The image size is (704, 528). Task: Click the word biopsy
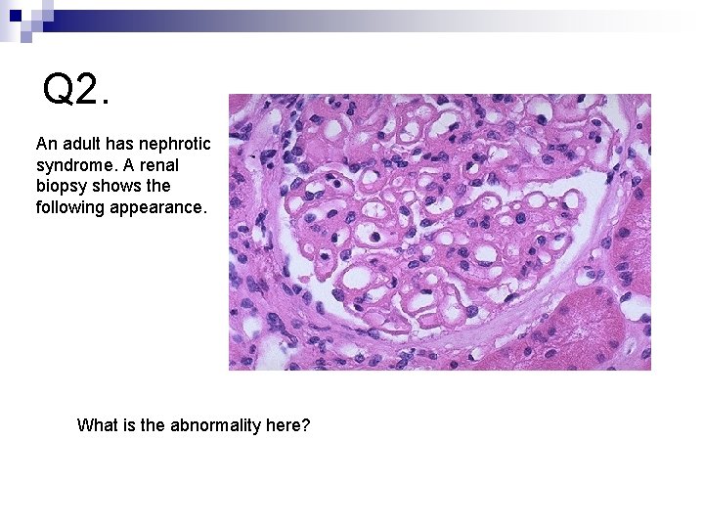point(60,186)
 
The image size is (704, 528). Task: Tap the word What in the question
point(99,425)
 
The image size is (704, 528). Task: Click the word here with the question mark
point(287,425)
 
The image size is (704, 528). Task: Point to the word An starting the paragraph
point(46,143)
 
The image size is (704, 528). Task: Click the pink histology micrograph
point(439,232)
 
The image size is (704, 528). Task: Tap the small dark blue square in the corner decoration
point(16,16)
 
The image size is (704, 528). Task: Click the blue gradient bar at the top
point(391,16)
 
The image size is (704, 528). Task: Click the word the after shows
point(156,186)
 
